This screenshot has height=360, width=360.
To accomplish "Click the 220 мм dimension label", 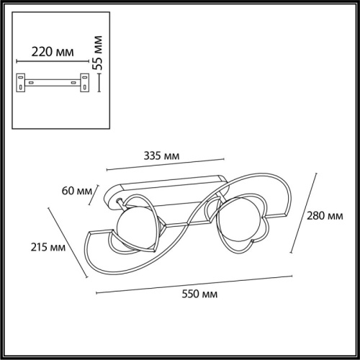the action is tap(53, 52).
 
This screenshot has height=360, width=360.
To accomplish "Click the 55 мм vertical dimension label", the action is tap(98, 53).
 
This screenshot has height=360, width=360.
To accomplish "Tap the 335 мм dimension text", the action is tap(161, 156).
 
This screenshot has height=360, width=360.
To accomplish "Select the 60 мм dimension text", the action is tap(77, 191).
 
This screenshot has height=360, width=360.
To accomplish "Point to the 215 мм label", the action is tap(48, 247).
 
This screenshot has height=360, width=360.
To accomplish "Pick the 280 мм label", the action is tap(325, 216).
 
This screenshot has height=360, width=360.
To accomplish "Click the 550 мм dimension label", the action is tap(199, 294).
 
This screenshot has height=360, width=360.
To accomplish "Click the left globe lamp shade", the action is tap(135, 228).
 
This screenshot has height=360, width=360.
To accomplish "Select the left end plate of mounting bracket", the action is tap(21, 83).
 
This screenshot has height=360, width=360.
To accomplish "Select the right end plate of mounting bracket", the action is tap(84, 83).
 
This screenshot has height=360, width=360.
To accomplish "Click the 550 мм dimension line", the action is tap(194, 284).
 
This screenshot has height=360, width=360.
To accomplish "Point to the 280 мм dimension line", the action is tap(304, 213).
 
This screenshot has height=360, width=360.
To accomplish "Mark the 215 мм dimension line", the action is tap(68, 243).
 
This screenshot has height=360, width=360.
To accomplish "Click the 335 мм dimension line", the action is tap(166, 164).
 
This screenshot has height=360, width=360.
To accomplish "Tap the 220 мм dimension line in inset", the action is tap(53, 61).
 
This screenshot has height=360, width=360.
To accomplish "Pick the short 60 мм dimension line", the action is tap(94, 195).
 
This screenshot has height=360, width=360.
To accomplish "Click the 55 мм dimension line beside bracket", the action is tap(99, 83).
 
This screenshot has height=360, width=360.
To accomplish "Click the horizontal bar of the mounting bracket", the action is tap(53, 83).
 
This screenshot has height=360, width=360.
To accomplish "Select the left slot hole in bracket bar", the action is tap(31, 83).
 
